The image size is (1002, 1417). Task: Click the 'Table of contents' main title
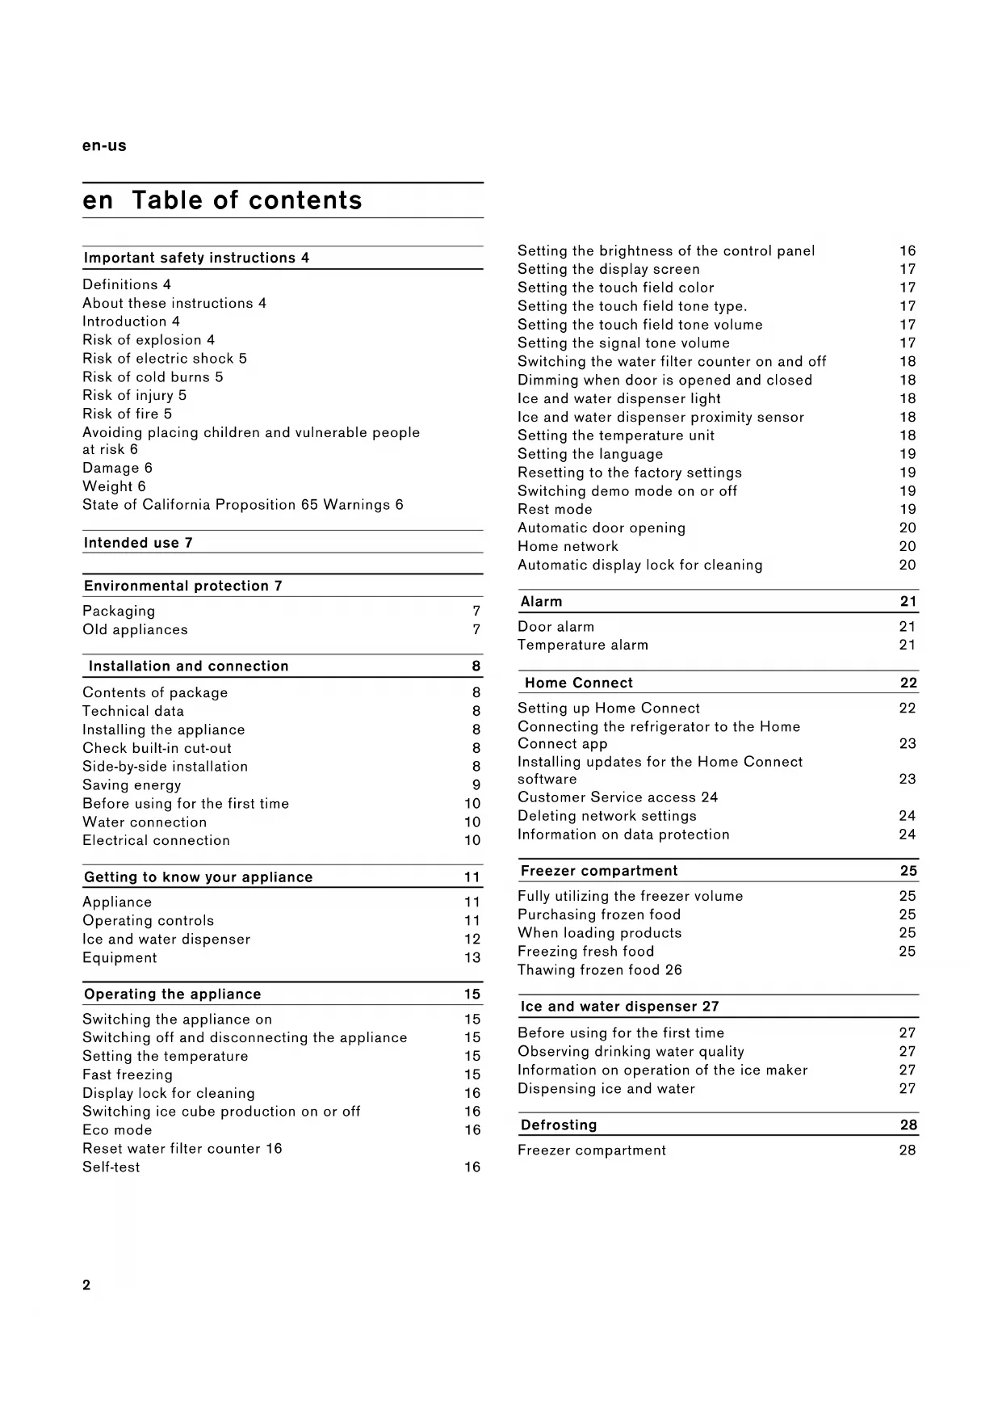point(246,200)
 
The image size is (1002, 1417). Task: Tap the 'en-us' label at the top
point(104,146)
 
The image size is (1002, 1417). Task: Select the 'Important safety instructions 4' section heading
point(196,258)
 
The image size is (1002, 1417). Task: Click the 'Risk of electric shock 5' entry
point(165,358)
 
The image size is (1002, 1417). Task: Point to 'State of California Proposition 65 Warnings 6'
point(242,505)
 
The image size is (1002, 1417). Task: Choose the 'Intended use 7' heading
point(138,543)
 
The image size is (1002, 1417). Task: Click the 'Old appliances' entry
point(135,629)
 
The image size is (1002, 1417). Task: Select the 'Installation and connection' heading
point(188,666)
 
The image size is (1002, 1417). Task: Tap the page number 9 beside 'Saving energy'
point(476,785)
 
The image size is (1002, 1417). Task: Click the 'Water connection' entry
point(145,822)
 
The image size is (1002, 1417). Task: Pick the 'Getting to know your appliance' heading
point(198,877)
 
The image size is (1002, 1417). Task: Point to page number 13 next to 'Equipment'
point(472,958)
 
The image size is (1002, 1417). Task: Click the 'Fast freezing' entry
point(128,1074)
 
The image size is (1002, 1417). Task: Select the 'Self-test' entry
point(111,1167)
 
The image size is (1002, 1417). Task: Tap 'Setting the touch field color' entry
point(615,288)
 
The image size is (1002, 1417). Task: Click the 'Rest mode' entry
point(555,509)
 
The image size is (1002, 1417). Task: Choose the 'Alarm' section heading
point(541,601)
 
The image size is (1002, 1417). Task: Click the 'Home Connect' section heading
point(578,683)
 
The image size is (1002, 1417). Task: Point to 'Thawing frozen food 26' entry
point(599,969)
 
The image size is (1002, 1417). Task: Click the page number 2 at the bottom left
point(86,1285)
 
